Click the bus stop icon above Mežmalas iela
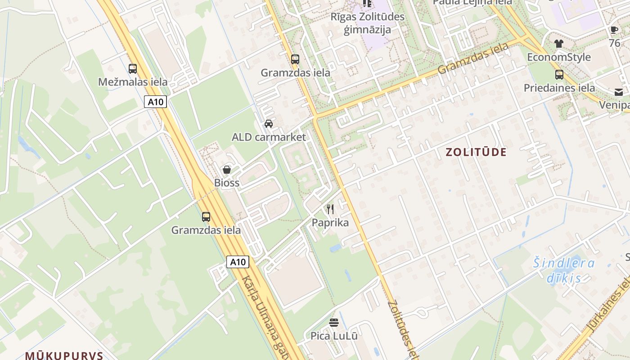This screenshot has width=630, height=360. (133, 69)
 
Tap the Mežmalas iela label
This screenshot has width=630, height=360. (133, 82)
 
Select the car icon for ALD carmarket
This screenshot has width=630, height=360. (269, 124)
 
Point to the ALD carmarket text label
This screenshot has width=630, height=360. (269, 137)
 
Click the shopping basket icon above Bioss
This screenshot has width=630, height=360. (227, 170)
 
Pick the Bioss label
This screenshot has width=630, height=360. (227, 183)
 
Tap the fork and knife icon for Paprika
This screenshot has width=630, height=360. (330, 209)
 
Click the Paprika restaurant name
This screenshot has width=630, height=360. (330, 223)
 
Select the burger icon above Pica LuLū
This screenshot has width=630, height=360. (334, 322)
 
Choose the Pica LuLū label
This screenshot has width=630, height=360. (334, 336)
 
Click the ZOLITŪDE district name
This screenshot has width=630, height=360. (476, 152)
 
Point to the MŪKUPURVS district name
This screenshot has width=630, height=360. (64, 355)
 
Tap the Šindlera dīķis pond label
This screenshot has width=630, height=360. (564, 270)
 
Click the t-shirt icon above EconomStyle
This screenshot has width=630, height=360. (559, 44)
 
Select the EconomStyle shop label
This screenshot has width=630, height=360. (559, 57)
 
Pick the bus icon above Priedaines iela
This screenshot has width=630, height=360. (559, 74)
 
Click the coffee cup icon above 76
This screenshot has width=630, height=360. (614, 30)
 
